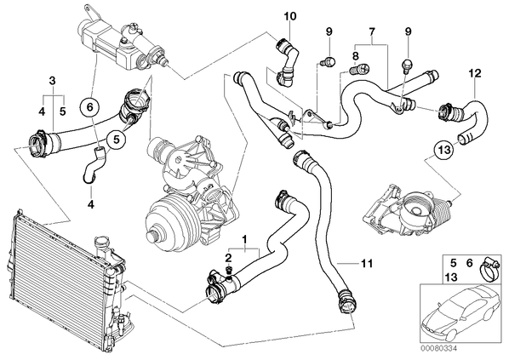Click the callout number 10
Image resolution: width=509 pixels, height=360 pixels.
pos(290,16)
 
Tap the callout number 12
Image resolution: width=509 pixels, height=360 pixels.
pos(475,73)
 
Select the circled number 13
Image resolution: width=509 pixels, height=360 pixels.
pos(444,150)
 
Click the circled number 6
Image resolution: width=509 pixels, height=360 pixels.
pos(90,106)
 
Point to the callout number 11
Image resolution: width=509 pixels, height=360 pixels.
pos(367,263)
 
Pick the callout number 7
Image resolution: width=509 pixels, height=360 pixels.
pos(372,31)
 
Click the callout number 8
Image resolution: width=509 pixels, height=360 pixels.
pos(355,56)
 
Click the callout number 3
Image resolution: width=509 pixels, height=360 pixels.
pos(53,81)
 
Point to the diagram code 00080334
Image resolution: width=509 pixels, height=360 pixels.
pos(438,348)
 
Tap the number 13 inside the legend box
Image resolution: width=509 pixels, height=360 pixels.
pos(451,277)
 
